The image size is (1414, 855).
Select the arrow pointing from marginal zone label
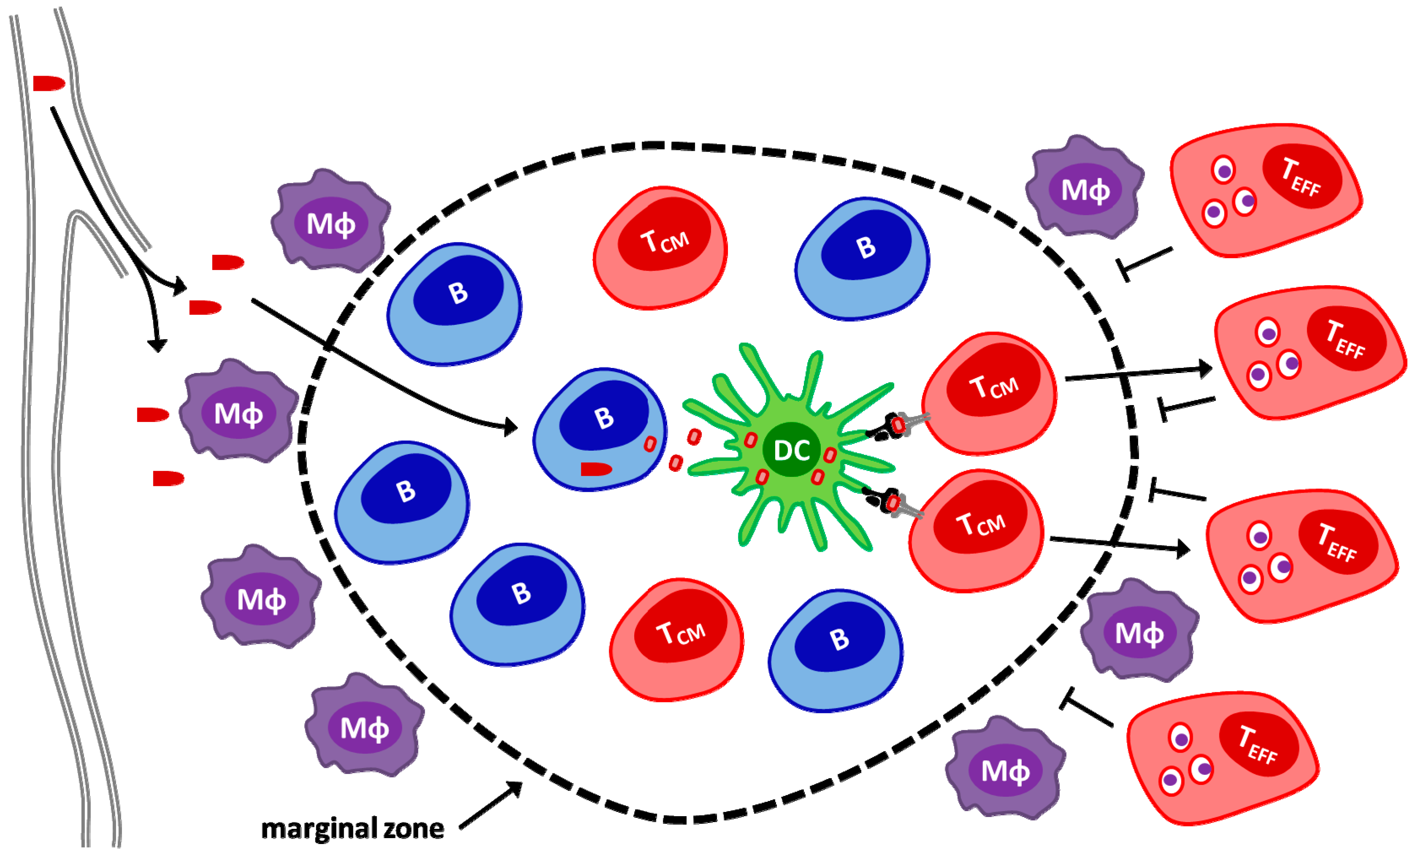491,805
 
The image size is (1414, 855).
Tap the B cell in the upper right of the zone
862,259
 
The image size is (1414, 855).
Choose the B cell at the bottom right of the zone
836,651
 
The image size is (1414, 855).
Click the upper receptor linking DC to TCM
898,425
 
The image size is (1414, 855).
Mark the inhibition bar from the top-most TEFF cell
1144,264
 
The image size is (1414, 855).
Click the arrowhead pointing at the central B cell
510,427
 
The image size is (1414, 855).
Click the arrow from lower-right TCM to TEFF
1119,545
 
